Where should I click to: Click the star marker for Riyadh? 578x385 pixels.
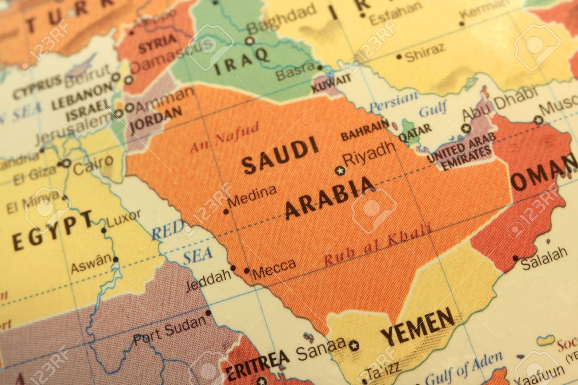point(340,171)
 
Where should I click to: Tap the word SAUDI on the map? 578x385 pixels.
point(280,155)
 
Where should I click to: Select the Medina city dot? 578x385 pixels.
point(226,212)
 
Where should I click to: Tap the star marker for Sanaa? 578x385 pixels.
point(354,345)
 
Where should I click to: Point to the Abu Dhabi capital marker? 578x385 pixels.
point(466,128)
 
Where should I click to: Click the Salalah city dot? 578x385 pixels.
point(515,258)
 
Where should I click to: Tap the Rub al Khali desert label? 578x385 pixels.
point(377,245)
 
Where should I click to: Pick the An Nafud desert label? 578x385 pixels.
point(224,138)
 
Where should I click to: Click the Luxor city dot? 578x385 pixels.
point(104,230)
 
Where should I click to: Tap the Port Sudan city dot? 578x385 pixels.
point(208,313)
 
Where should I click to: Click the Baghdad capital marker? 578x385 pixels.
point(250,41)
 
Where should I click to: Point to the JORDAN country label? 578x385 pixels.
point(156,118)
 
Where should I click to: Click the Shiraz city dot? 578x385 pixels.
point(399,56)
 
